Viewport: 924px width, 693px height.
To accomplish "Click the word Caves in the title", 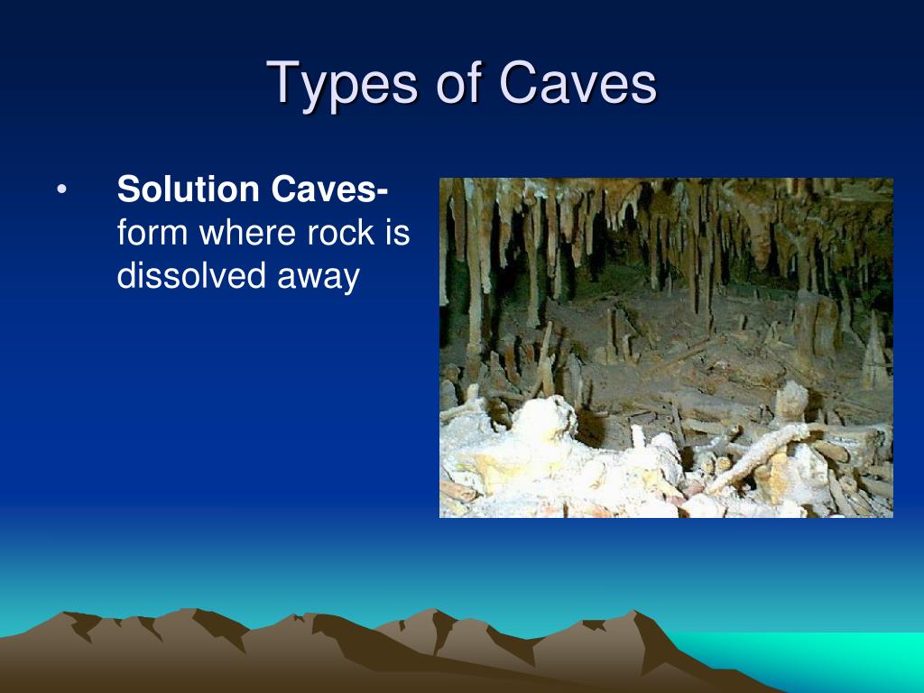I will tap(577, 85).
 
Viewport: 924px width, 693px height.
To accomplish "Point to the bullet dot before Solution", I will tap(60, 192).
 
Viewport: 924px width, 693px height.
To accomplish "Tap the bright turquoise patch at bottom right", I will tap(812, 659).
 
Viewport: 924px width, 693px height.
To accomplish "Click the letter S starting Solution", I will tap(127, 191).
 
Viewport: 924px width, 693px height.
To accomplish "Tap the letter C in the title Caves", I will tap(516, 84).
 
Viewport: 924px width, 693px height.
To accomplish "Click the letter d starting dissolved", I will tap(126, 277).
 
